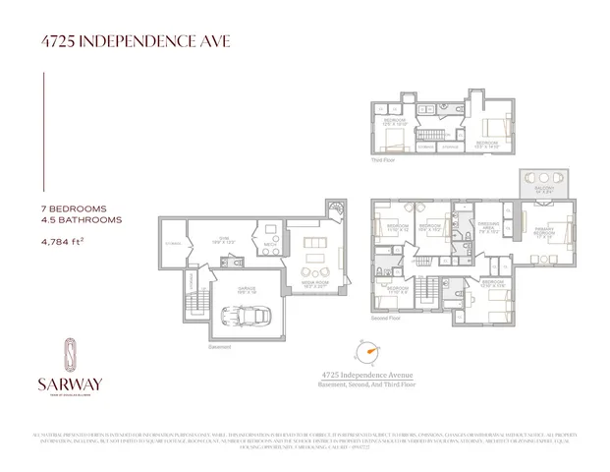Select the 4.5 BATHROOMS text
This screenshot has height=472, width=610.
(82, 221)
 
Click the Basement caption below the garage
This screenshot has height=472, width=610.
(219, 345)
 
